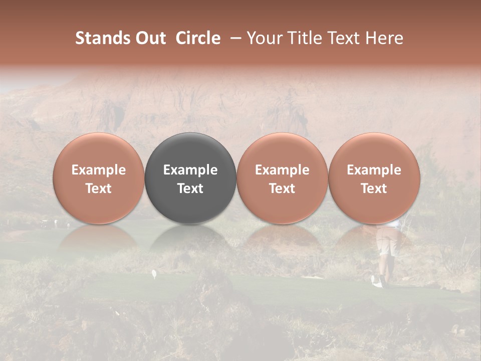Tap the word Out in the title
tap(150, 38)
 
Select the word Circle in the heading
tap(198, 38)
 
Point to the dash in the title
tap(233, 38)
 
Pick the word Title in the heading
tap(301, 38)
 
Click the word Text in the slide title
tap(341, 38)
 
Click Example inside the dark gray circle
tap(190, 170)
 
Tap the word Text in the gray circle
tap(190, 189)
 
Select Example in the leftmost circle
tap(99, 170)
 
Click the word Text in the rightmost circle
tap(374, 189)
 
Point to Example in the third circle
tap(282, 170)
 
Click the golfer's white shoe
tap(377, 282)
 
